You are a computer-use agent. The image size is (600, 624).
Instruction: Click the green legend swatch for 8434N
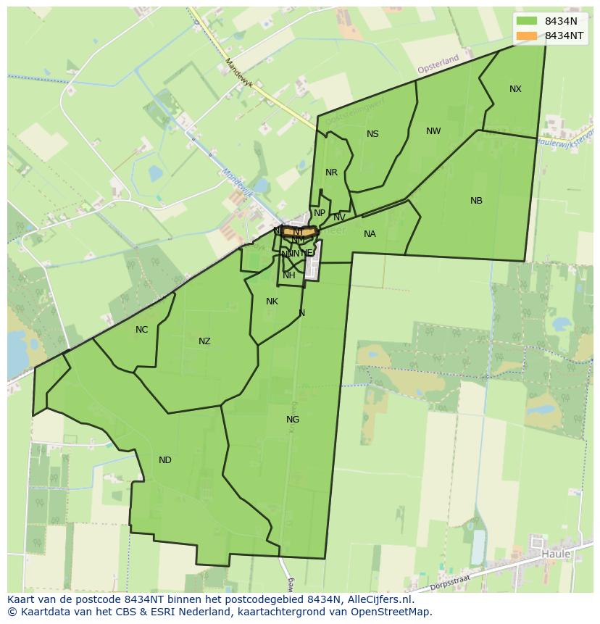[527, 21]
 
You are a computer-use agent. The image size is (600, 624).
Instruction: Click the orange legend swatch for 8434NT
[527, 36]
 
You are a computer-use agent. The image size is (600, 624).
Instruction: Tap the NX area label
[515, 89]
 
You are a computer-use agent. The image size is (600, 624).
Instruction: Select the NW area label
[433, 131]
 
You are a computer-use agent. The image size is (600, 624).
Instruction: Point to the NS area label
[372, 134]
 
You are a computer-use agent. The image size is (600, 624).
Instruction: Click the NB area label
[476, 201]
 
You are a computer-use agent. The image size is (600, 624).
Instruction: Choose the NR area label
[331, 172]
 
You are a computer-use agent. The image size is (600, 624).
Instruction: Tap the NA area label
[370, 234]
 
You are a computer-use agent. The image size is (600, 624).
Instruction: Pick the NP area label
[319, 213]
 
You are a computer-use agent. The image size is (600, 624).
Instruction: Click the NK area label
[272, 301]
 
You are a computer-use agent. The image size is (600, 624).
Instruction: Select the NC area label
[141, 330]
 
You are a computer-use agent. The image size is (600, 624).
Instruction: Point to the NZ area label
[204, 341]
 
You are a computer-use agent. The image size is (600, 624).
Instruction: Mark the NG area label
[293, 420]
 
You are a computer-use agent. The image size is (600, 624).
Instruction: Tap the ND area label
[165, 460]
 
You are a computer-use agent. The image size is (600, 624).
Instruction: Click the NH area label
[289, 275]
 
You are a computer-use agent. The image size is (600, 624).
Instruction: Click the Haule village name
[556, 554]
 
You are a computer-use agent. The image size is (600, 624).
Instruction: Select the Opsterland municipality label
[438, 63]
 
